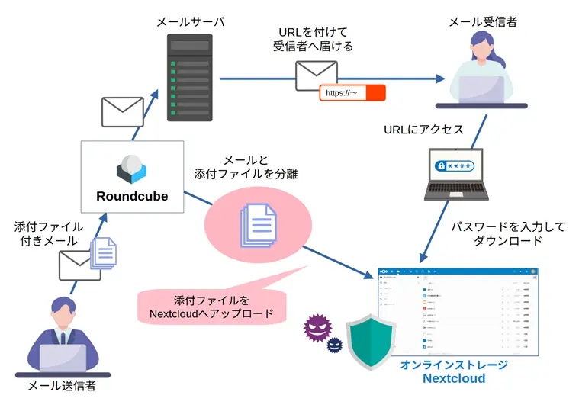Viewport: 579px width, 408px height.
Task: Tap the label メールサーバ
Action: pos(191,22)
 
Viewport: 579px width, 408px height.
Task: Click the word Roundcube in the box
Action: pos(132,196)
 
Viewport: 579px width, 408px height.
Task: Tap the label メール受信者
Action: pos(482,22)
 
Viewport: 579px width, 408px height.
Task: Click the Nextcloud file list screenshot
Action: pos(458,310)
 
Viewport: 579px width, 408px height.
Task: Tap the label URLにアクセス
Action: pos(423,130)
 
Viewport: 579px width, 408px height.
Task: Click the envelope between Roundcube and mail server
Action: pos(123,111)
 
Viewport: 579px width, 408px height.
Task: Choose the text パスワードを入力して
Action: pos(497,227)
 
